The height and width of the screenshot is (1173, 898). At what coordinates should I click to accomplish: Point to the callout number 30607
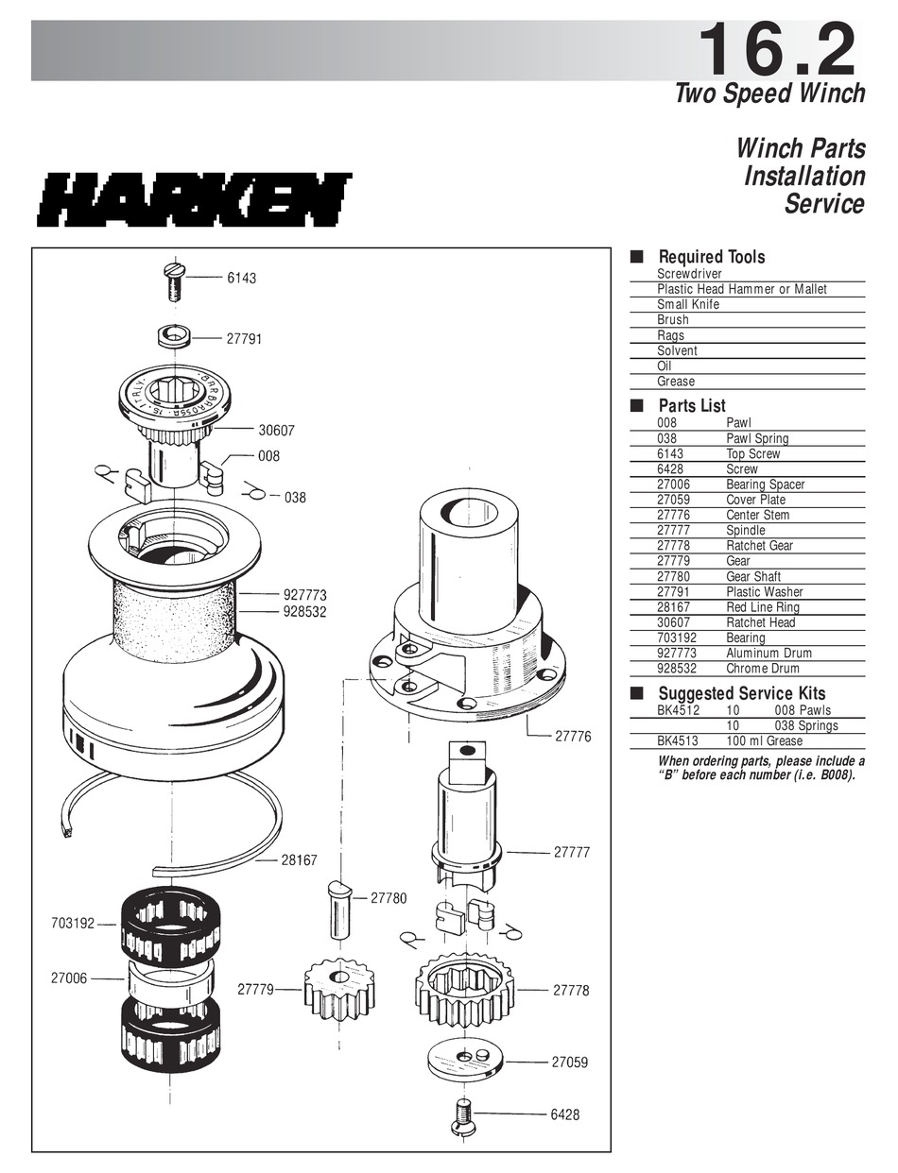[277, 430]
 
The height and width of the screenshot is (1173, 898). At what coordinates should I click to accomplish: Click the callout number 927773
[304, 595]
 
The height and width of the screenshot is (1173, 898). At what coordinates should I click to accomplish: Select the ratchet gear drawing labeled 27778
[464, 991]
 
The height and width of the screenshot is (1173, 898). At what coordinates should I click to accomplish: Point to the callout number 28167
[300, 860]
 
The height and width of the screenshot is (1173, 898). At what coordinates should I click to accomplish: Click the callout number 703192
[73, 923]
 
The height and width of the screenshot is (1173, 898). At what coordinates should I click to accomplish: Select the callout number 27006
[68, 978]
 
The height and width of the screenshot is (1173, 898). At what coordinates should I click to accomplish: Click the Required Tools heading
[711, 257]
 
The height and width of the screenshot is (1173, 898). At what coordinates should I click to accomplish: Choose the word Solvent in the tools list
[677, 350]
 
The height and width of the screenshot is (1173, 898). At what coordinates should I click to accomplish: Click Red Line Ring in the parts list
[762, 607]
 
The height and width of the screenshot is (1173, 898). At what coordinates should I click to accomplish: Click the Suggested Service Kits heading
[741, 694]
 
